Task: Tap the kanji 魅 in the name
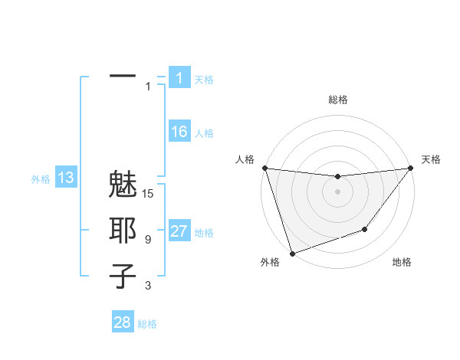(x=123, y=188)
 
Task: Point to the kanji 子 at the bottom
(x=123, y=276)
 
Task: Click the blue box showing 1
(x=179, y=77)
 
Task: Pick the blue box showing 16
(x=179, y=132)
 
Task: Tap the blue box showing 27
(x=179, y=231)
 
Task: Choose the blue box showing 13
(x=66, y=178)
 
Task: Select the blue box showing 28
(x=123, y=322)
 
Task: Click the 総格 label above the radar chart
(x=338, y=100)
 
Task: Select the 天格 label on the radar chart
(x=432, y=159)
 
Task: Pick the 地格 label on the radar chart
(x=402, y=262)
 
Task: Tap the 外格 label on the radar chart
(x=270, y=262)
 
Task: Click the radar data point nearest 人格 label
(x=264, y=168)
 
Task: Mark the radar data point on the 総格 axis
(x=337, y=177)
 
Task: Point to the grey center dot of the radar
(x=337, y=191)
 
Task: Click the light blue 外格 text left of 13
(x=41, y=179)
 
